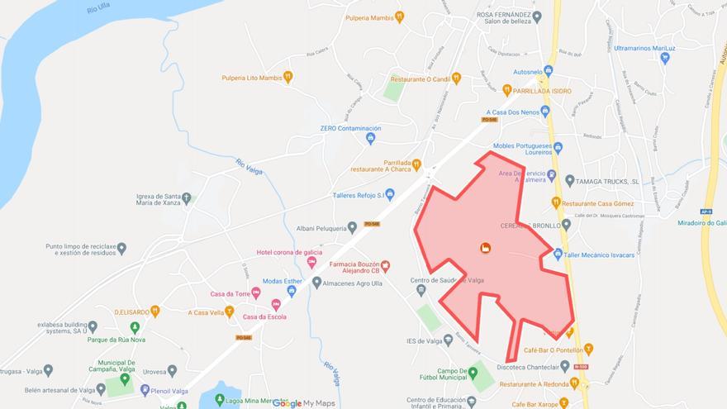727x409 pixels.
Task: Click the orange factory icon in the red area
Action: point(485,248)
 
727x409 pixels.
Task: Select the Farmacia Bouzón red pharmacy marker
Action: point(385,266)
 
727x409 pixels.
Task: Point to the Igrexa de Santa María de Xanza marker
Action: point(187,198)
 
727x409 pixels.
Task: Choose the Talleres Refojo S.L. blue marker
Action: point(391,196)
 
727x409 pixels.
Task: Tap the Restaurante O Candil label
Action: point(419,79)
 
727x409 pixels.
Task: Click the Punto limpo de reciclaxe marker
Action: point(121,248)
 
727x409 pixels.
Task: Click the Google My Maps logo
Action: point(305,403)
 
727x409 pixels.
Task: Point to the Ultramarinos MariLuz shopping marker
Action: point(665,58)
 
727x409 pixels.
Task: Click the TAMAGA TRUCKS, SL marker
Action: point(569,180)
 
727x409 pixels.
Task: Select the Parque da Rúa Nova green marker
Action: point(135,327)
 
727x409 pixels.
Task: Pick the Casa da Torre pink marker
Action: point(255,293)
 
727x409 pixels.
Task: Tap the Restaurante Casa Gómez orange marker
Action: point(556,202)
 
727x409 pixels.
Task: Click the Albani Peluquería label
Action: point(321,227)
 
